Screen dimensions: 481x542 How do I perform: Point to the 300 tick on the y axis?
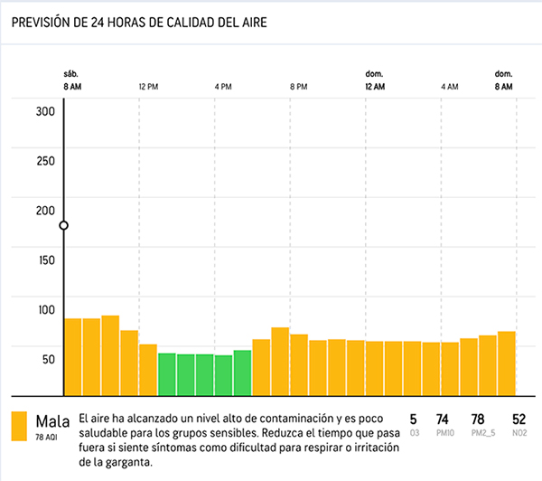point(46,111)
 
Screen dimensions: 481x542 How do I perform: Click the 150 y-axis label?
point(46,260)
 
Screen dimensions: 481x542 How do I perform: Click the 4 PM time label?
point(223,87)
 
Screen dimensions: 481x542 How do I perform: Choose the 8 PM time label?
point(298,87)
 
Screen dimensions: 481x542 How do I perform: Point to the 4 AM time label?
point(450,87)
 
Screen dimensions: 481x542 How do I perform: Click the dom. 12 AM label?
point(375,80)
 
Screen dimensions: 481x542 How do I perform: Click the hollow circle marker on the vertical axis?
point(63,225)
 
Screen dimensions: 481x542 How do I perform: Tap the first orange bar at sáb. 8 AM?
point(72,356)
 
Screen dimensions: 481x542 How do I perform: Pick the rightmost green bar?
point(242,373)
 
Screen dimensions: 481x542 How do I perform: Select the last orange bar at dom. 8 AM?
point(507,363)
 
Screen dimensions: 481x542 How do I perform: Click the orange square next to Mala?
point(19,426)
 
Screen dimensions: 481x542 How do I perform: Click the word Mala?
point(52,421)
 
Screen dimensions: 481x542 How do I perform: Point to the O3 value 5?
point(414,420)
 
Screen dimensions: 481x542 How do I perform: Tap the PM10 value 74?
point(442,420)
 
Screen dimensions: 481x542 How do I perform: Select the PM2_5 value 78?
point(479,420)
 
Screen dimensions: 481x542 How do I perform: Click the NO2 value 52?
point(519,420)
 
